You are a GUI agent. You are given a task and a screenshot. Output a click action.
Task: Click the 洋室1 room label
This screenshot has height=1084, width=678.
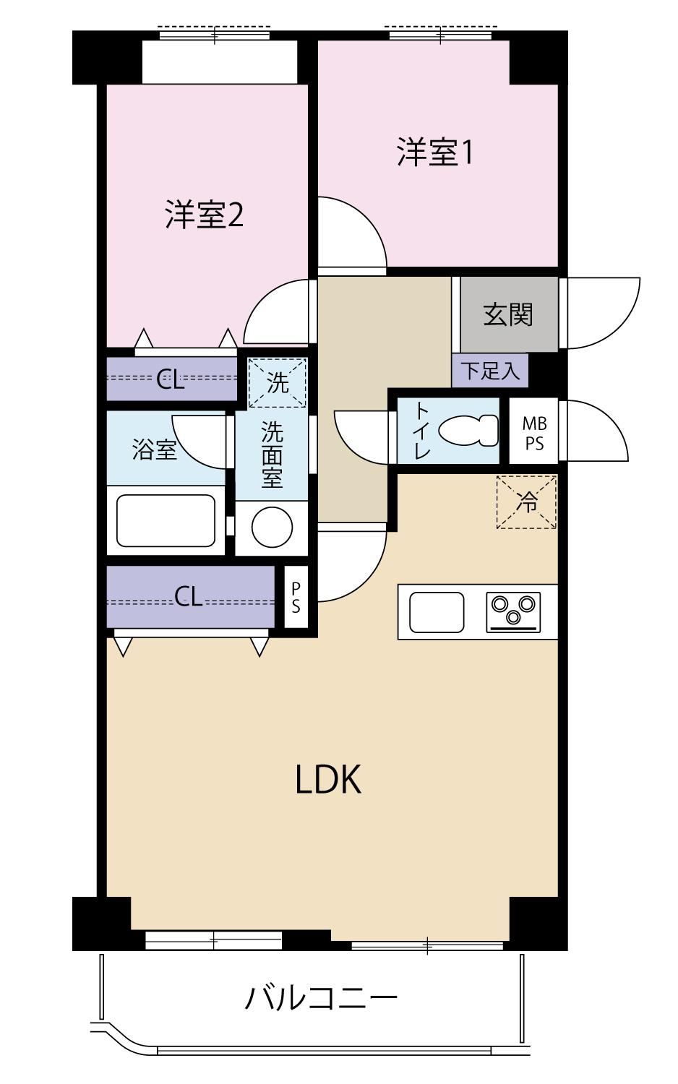434,152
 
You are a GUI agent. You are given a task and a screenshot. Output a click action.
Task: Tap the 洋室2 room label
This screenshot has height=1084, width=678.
204,215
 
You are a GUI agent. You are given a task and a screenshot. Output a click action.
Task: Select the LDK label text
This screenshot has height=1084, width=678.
329,780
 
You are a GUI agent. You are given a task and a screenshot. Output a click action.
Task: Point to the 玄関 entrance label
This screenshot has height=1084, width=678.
508,314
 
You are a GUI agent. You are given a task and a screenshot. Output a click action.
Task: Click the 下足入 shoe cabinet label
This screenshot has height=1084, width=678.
490,371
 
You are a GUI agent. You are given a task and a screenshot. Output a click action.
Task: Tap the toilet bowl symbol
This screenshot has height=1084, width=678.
468,430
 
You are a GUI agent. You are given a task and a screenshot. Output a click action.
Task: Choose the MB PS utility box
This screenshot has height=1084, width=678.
533,432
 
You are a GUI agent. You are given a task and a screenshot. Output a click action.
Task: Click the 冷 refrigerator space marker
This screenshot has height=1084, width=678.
526,502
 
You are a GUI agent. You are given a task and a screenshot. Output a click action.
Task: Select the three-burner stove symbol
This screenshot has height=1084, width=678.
513,611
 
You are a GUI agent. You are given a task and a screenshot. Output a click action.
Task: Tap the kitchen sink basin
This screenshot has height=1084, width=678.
437,612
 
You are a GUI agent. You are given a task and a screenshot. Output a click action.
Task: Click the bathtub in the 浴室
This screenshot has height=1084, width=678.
166,520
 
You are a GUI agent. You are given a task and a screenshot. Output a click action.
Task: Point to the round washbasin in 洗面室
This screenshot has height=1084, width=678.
272,528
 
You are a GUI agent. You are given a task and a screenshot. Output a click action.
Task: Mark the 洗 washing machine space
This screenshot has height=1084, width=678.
278,383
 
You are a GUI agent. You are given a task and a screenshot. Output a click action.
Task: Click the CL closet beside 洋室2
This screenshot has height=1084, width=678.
171,379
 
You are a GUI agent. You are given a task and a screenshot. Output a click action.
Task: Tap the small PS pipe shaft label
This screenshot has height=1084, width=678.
296,597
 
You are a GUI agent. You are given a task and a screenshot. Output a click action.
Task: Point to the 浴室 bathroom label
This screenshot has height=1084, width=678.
155,449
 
